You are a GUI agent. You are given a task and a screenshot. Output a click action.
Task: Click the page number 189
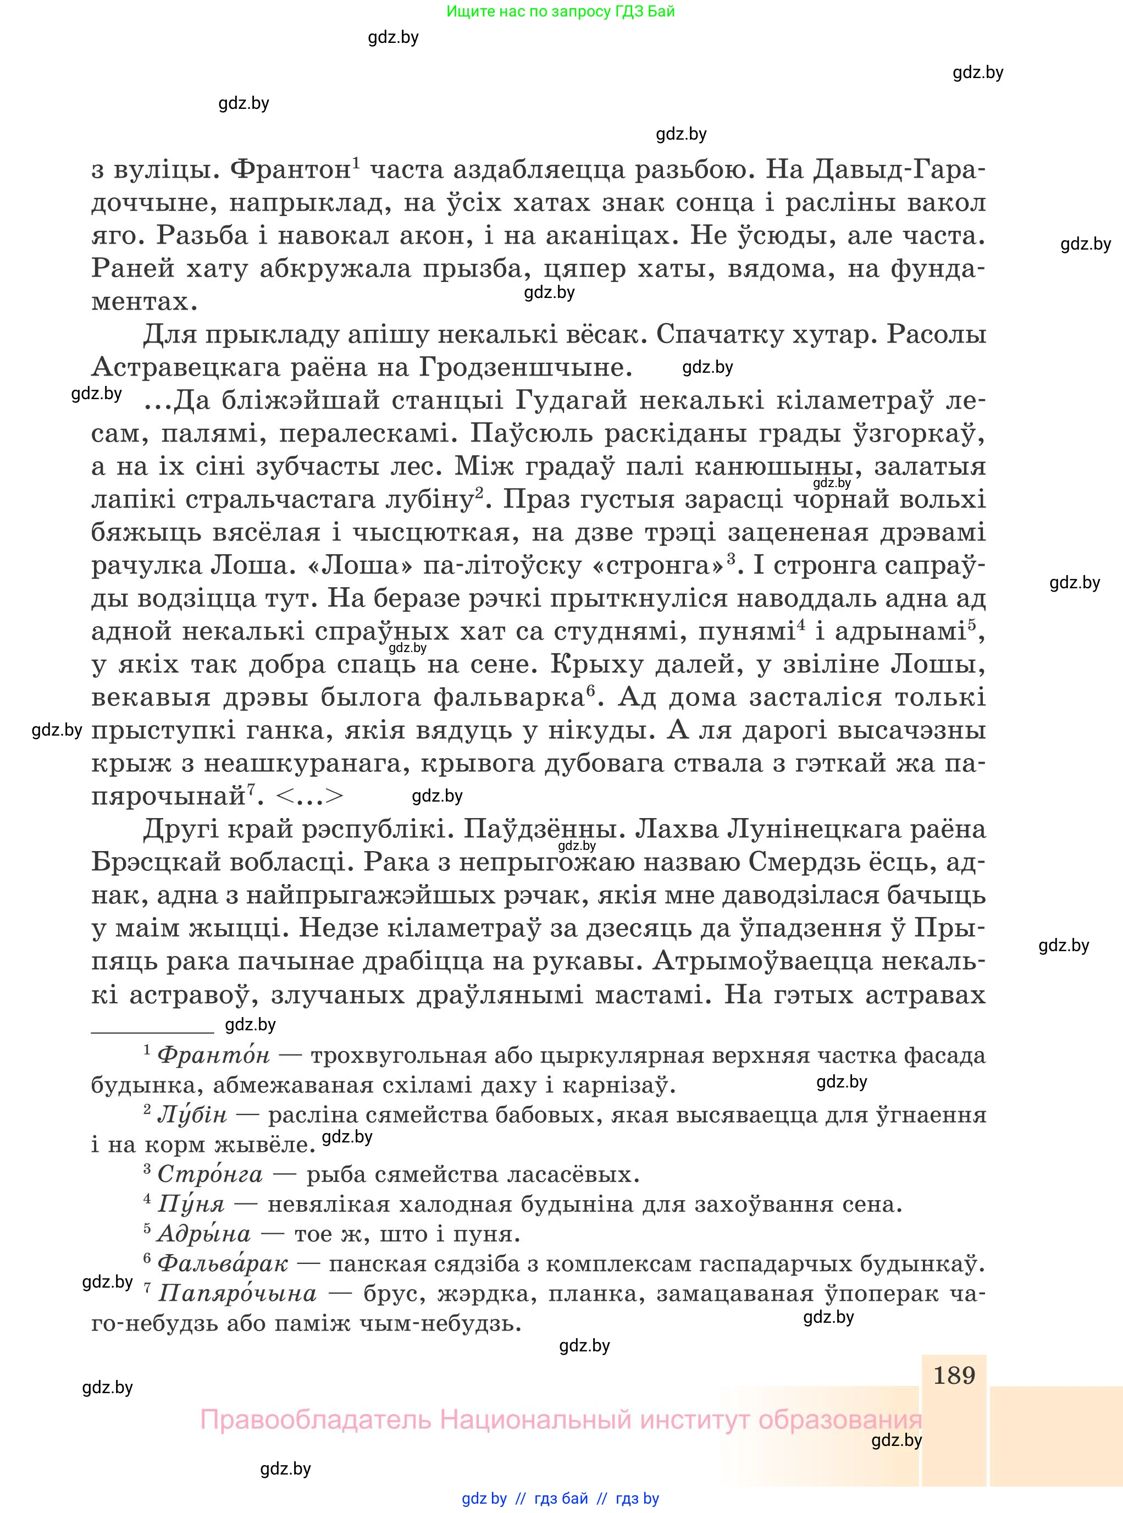coord(954,1375)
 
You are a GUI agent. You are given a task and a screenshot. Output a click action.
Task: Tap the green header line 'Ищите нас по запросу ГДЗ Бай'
coord(561,12)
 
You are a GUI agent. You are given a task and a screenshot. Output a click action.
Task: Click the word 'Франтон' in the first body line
coord(290,169)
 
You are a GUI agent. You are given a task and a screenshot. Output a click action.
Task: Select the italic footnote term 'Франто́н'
coord(213,1056)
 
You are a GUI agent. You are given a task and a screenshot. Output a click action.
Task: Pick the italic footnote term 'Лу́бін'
coord(192,1114)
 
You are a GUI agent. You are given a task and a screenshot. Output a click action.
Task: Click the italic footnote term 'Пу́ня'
coord(190,1204)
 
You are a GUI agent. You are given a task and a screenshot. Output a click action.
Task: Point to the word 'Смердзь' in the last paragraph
coord(807,862)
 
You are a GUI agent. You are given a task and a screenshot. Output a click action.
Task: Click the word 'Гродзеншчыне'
coord(525,368)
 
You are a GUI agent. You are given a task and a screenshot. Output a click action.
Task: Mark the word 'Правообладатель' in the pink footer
coord(316,1421)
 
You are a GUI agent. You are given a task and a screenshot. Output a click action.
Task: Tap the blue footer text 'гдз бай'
coord(561,1499)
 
